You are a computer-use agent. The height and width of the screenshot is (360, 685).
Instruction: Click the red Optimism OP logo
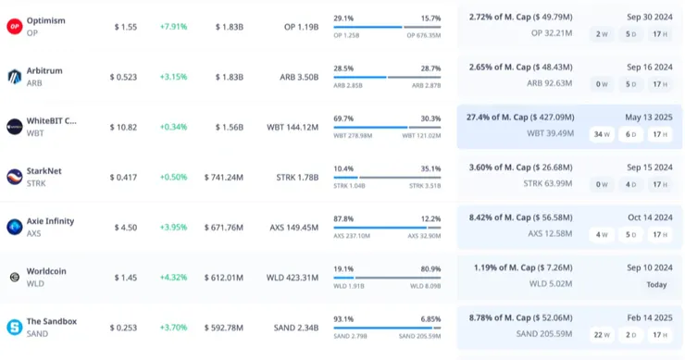click(15, 26)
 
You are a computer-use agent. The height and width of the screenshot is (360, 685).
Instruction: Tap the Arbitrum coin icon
click(15, 77)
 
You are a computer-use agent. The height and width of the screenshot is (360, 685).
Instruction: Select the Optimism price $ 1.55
click(126, 27)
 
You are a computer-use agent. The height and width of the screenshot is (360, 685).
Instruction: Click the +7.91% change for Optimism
click(173, 27)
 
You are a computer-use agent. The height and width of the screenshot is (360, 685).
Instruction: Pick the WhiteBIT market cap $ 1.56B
click(230, 127)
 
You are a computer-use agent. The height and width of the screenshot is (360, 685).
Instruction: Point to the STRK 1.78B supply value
click(297, 178)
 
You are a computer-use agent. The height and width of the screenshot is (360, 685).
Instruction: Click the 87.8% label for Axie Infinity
click(343, 219)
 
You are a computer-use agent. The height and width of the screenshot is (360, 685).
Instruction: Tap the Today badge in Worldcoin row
click(656, 285)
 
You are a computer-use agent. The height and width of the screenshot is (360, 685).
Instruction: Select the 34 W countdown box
click(602, 134)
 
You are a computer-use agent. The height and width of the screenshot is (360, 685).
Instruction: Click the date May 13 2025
click(649, 118)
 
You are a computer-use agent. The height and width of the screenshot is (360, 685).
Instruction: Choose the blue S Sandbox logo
click(15, 328)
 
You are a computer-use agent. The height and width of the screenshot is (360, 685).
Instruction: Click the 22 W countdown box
click(602, 335)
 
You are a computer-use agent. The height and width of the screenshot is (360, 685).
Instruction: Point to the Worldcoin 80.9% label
click(430, 269)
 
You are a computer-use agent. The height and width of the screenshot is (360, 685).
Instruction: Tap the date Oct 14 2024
click(650, 217)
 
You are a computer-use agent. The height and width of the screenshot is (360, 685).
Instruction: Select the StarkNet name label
click(44, 171)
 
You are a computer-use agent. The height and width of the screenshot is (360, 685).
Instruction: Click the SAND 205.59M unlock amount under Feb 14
click(544, 334)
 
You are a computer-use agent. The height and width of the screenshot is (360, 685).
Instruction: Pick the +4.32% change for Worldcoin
click(173, 278)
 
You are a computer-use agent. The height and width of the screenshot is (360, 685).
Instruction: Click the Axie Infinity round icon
click(15, 227)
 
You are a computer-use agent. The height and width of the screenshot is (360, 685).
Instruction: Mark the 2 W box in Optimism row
click(602, 34)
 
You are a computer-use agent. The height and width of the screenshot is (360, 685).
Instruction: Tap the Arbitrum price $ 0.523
click(123, 78)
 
